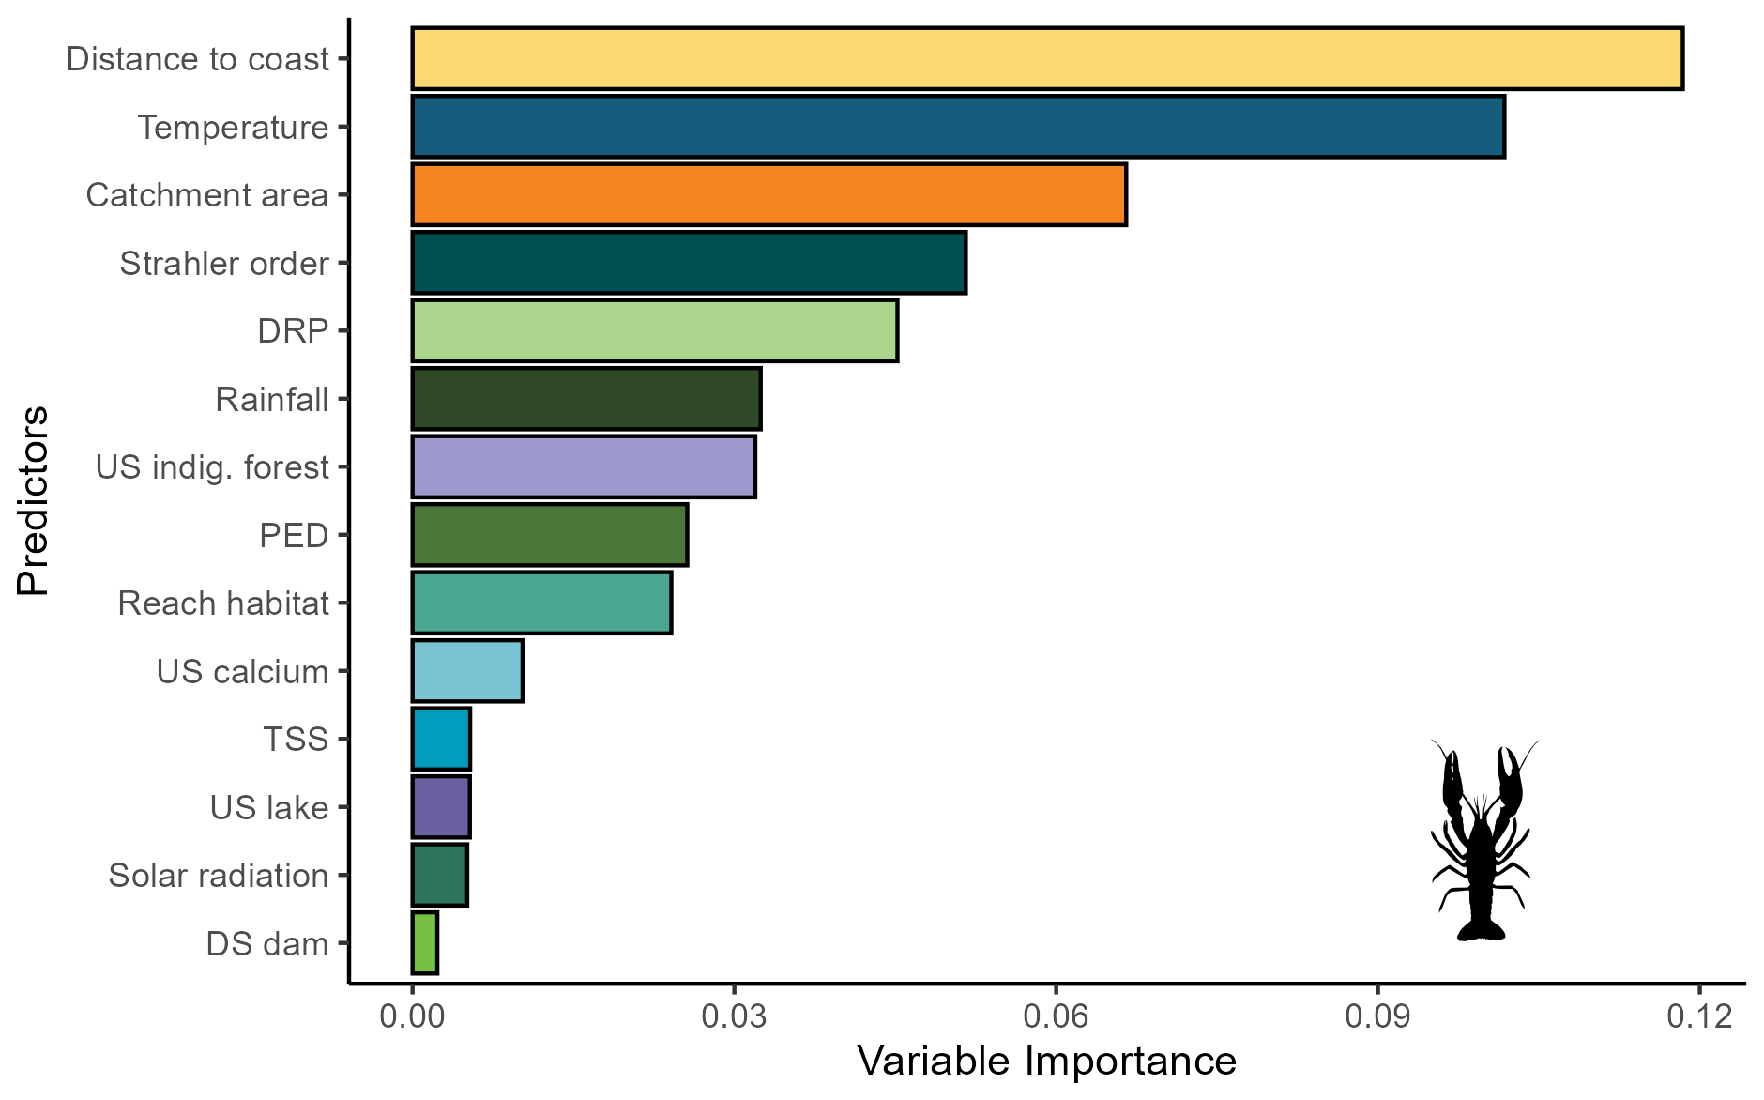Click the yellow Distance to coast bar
(1047, 59)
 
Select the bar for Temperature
(958, 127)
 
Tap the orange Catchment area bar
(768, 195)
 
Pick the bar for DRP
(654, 330)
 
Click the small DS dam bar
(425, 943)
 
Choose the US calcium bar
(467, 671)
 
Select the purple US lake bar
(441, 807)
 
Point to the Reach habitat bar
(541, 603)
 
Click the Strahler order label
(223, 264)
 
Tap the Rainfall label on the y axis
(271, 400)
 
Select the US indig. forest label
(212, 467)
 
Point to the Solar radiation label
(218, 876)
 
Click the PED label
(294, 536)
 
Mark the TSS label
(296, 740)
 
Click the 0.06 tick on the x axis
(1056, 1017)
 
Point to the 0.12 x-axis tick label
(1699, 1017)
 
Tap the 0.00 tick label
(412, 1017)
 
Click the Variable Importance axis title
(1046, 1062)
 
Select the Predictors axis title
(33, 500)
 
